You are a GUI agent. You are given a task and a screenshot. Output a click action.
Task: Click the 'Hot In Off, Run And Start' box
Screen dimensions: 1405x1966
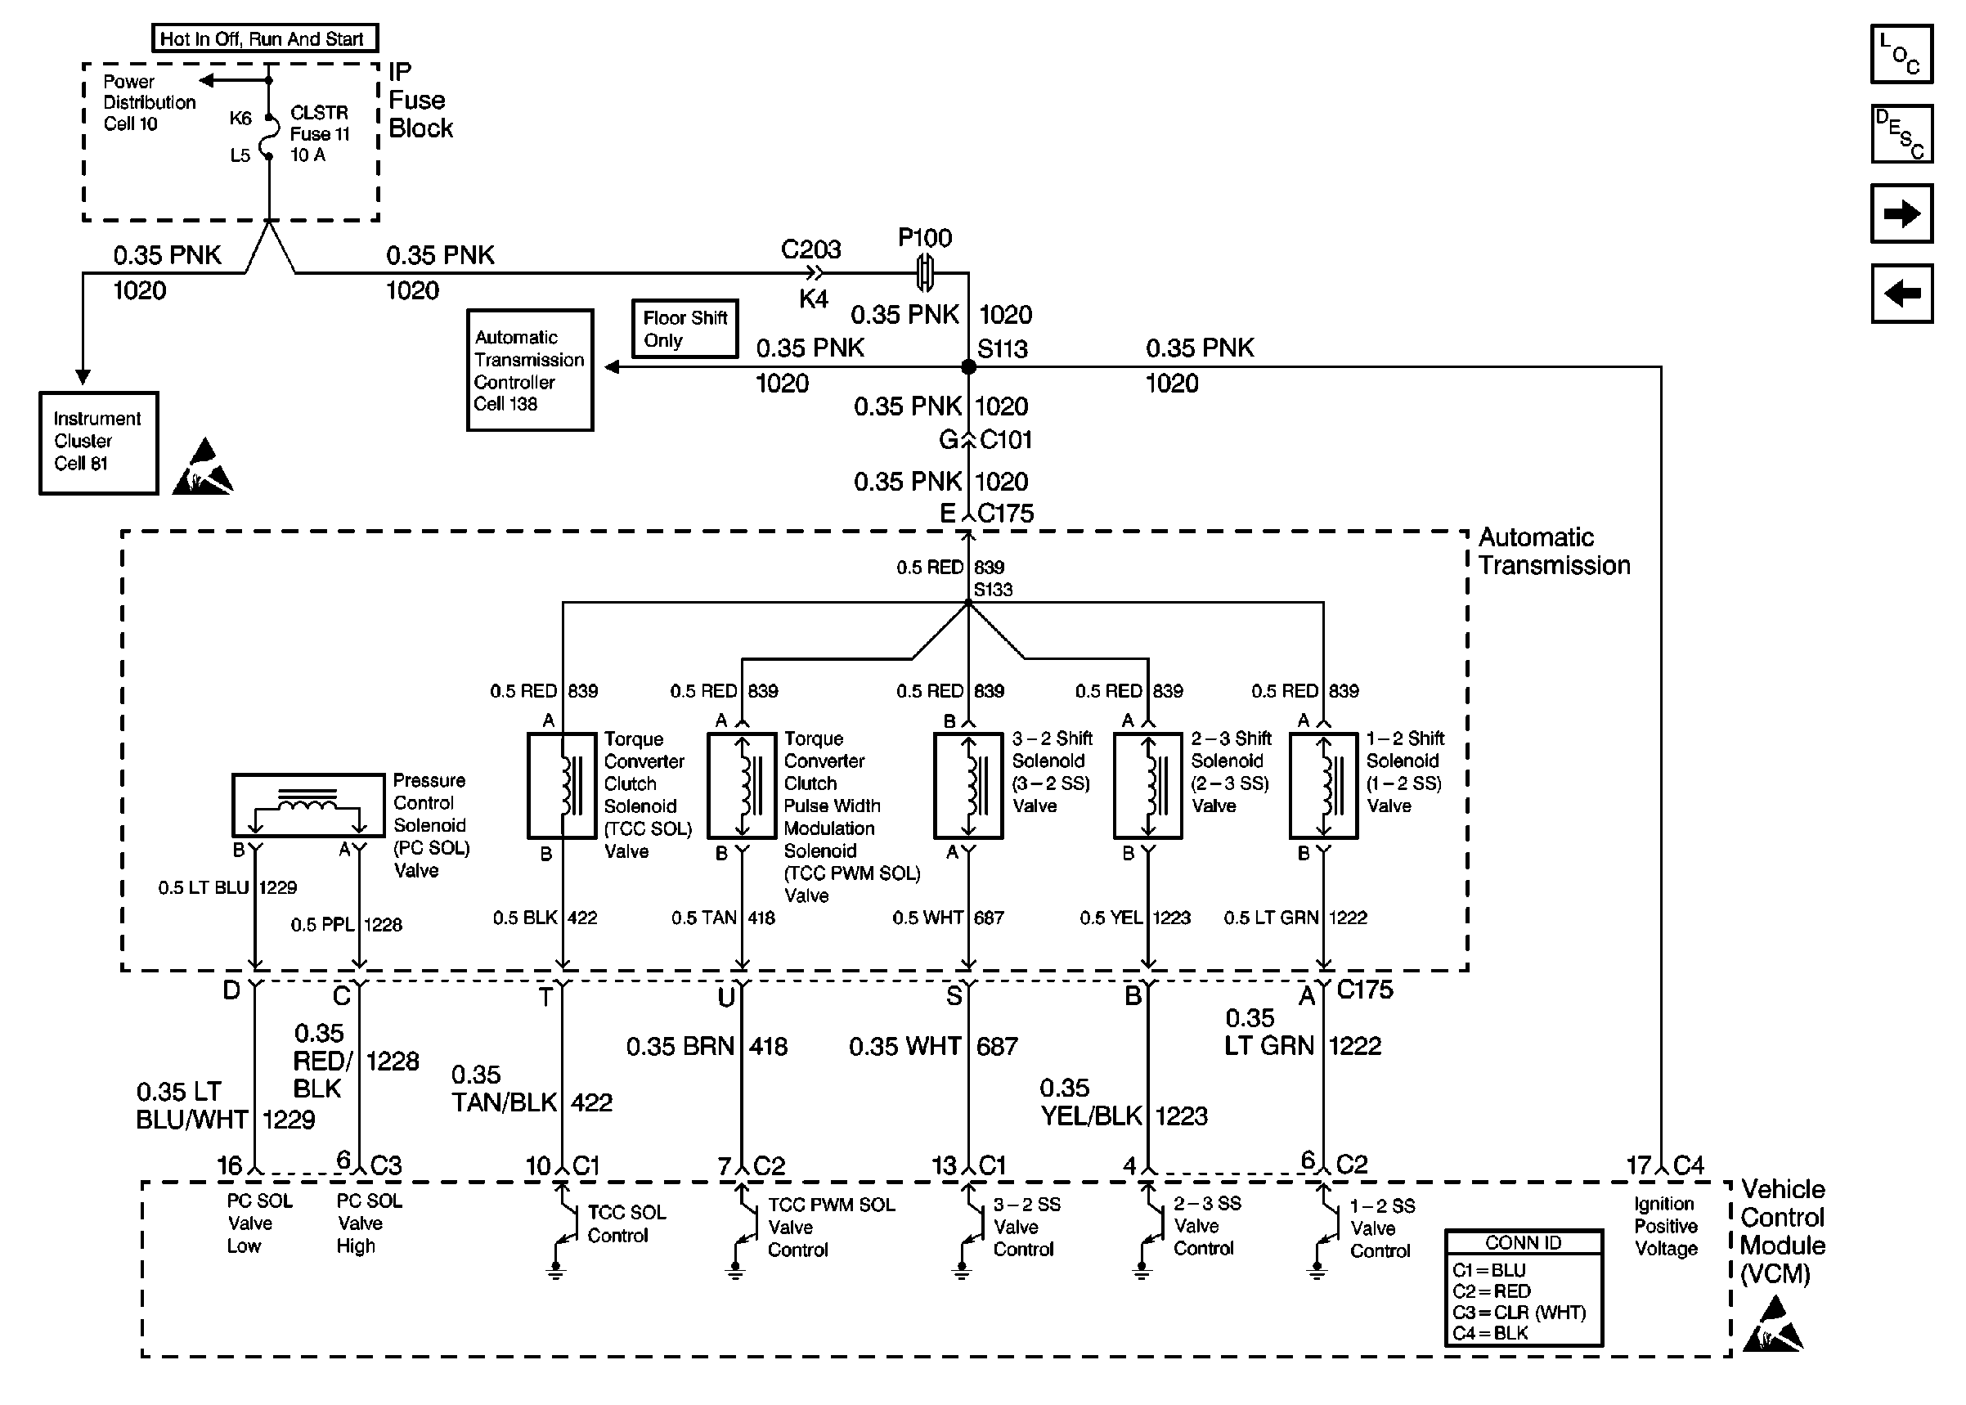click(265, 39)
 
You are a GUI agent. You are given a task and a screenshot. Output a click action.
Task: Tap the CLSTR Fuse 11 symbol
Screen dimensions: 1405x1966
click(269, 137)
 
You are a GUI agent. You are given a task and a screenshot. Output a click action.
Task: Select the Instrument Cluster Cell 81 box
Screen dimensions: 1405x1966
click(99, 442)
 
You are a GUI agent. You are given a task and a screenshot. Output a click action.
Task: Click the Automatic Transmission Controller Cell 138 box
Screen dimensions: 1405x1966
click(529, 370)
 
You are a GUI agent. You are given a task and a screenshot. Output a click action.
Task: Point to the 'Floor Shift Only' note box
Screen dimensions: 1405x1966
click(685, 329)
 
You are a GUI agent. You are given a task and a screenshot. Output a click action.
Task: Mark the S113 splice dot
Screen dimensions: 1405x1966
click(969, 367)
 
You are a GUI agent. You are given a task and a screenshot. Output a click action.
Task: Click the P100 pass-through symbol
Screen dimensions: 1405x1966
click(925, 273)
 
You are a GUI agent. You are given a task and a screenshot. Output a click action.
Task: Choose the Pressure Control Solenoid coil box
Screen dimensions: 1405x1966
click(308, 805)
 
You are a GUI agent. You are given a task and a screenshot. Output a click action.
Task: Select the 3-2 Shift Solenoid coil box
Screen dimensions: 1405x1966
click(967, 786)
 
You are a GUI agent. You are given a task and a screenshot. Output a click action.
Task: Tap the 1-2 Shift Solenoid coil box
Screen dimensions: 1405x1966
click(1323, 786)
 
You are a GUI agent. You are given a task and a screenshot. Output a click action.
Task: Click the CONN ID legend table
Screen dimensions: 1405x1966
click(1523, 1287)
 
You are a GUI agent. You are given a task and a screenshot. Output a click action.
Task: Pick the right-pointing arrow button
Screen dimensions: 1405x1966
click(1901, 213)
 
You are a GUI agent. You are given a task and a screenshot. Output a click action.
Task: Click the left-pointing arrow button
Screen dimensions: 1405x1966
click(1901, 294)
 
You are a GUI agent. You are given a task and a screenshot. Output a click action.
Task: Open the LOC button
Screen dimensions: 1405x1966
click(1901, 55)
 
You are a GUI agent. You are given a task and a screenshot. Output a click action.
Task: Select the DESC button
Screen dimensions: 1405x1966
click(1901, 134)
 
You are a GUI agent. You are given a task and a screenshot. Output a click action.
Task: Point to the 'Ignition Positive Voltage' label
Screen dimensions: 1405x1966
click(1665, 1226)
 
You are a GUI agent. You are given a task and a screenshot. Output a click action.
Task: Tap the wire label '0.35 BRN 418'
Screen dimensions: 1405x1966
click(707, 1047)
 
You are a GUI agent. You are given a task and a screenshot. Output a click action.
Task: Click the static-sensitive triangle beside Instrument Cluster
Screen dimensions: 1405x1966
click(204, 468)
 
